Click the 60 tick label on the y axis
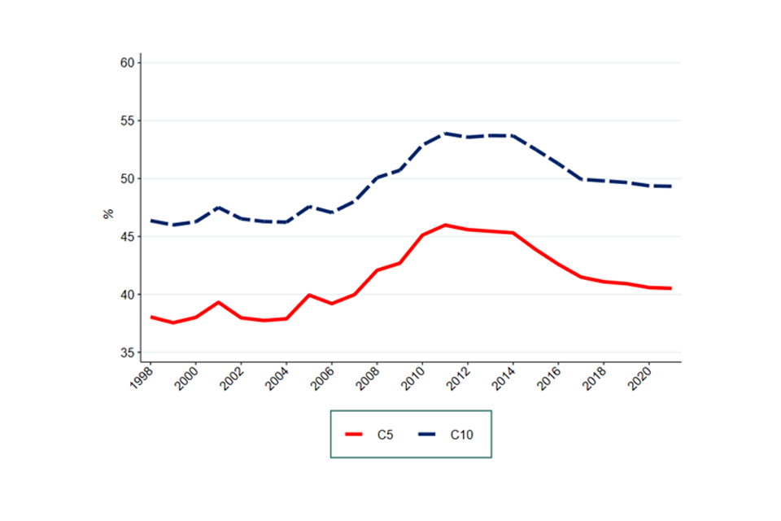[128, 63]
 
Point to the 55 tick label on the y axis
[128, 120]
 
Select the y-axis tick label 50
[128, 178]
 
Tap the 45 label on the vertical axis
[128, 237]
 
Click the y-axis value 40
[128, 295]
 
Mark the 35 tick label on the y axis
[128, 352]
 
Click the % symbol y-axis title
[107, 214]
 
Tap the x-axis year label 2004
[277, 377]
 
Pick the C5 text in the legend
[386, 435]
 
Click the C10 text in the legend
[461, 435]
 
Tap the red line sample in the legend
[356, 435]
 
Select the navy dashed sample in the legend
[428, 435]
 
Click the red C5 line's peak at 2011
[445, 225]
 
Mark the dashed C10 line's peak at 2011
[445, 134]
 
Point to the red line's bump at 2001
[219, 302]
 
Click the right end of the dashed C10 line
[671, 186]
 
